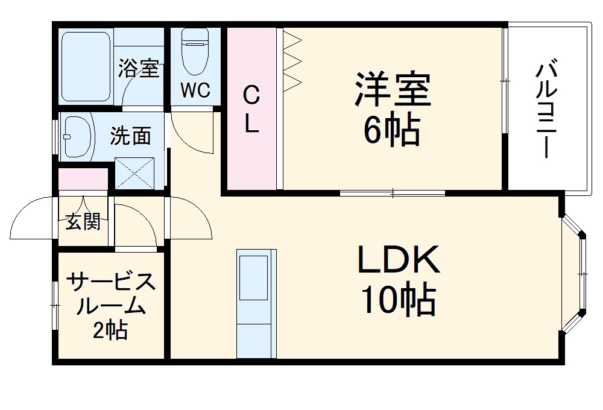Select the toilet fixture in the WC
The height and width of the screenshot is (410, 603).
(x=195, y=51)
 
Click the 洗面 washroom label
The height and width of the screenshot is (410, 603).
(x=130, y=136)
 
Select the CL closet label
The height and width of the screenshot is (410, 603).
(x=251, y=109)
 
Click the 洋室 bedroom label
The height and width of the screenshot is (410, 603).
(x=392, y=89)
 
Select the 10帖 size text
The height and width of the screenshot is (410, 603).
(x=397, y=300)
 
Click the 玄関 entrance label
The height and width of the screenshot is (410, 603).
(x=83, y=222)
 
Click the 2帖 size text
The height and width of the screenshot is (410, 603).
(x=110, y=330)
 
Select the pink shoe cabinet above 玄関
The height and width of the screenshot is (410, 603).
(x=83, y=180)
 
